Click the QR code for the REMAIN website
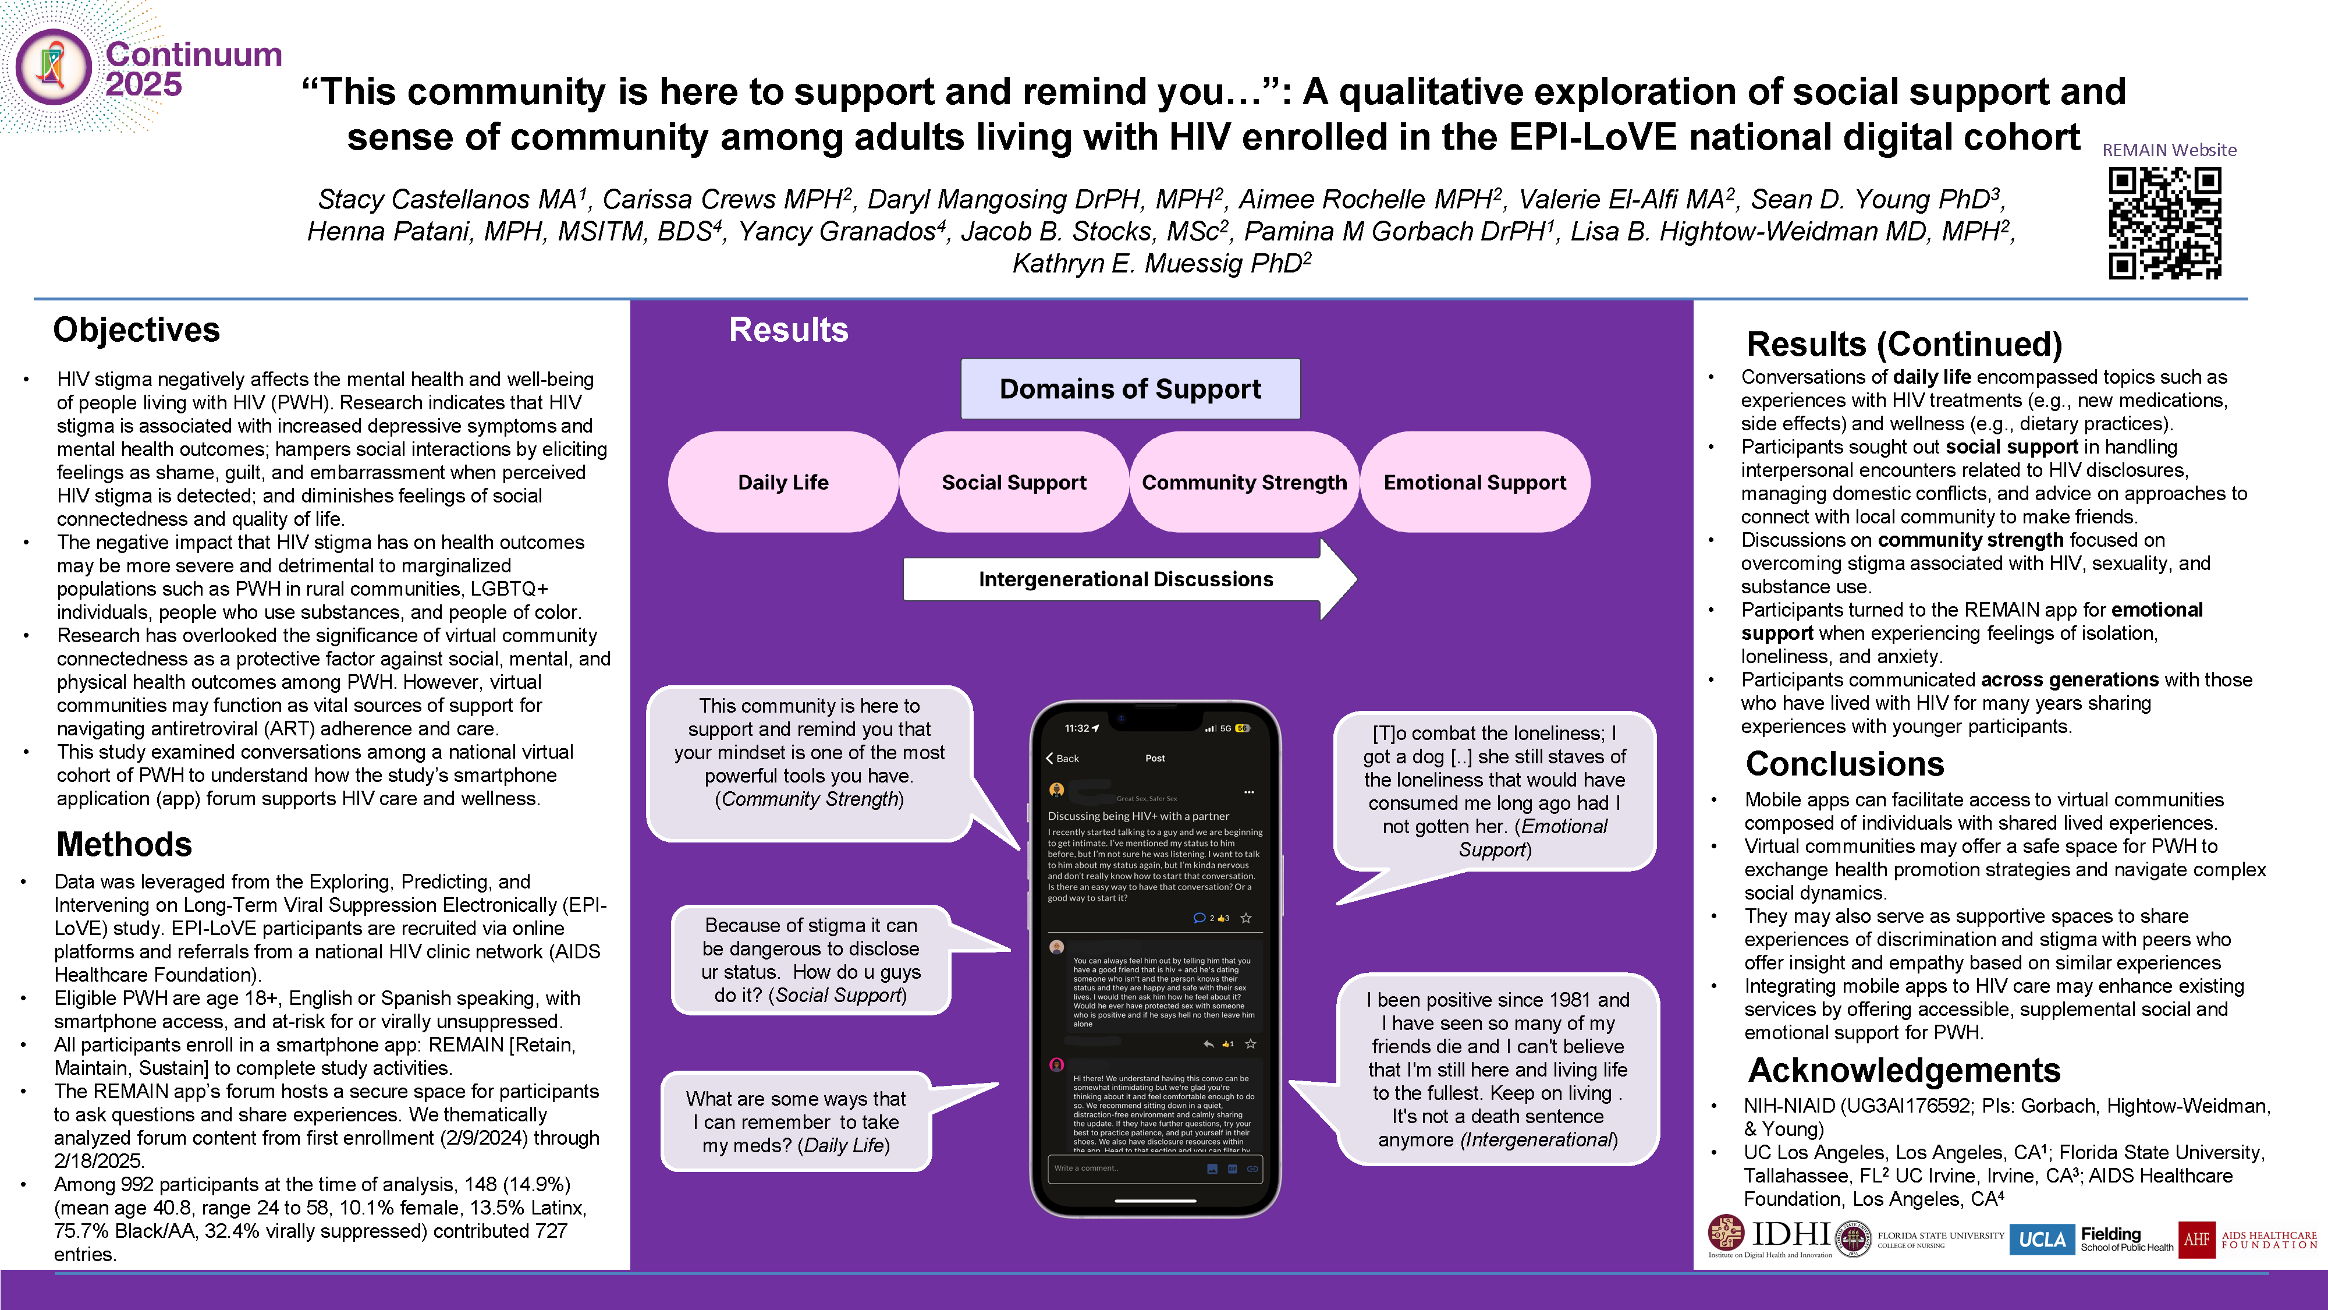(x=2164, y=224)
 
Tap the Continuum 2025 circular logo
(x=54, y=68)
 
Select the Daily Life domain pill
(x=783, y=482)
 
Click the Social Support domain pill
(x=1014, y=482)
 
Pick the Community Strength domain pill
(x=1244, y=482)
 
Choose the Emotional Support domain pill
(x=1475, y=482)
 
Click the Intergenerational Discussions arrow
(x=1126, y=579)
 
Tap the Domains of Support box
(x=1130, y=389)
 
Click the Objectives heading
(x=136, y=330)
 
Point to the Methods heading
(x=124, y=844)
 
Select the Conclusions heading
(x=1844, y=764)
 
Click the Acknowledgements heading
(x=1904, y=1071)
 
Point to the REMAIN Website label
(x=2169, y=150)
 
